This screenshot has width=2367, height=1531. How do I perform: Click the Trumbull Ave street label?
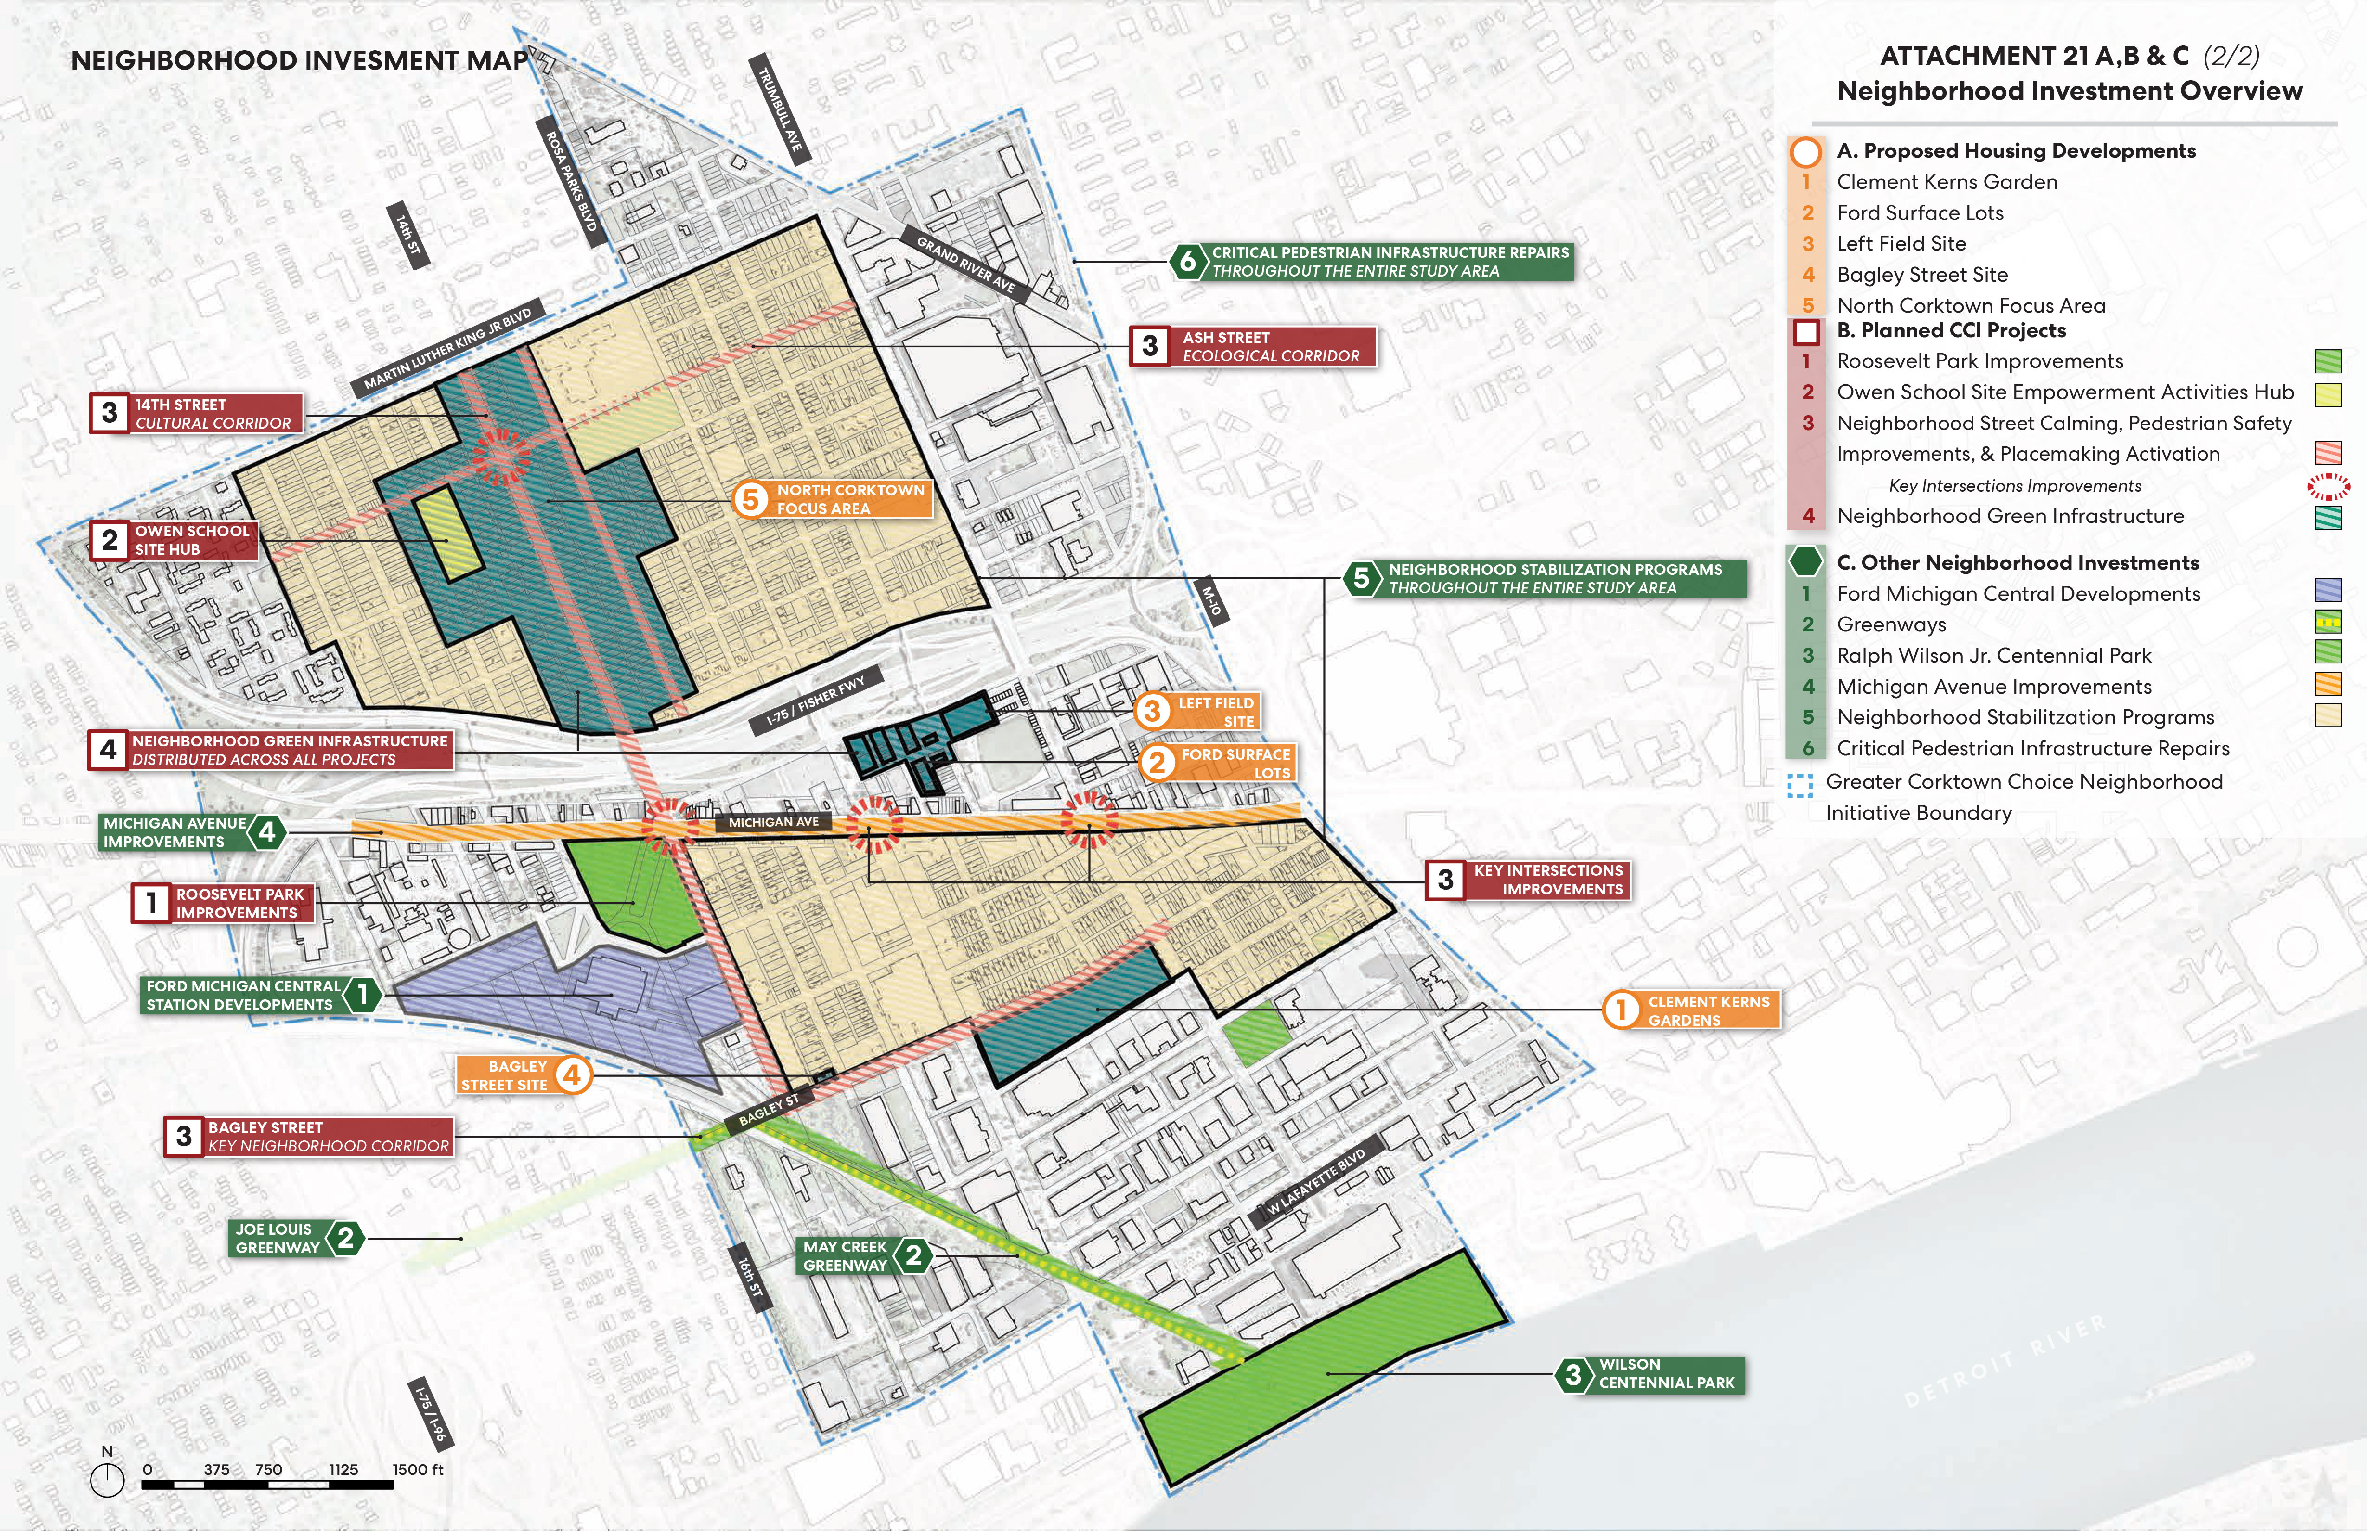(780, 109)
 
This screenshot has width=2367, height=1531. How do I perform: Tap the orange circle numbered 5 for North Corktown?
(750, 499)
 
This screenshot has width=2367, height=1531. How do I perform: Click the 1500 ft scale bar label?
(418, 1469)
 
